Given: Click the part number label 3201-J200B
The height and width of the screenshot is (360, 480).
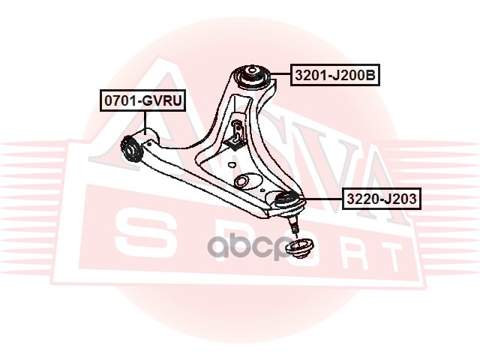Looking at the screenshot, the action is click(x=334, y=76).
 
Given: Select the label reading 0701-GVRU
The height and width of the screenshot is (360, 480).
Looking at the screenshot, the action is click(x=143, y=100).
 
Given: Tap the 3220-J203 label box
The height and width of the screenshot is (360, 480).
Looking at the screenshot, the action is click(x=381, y=199).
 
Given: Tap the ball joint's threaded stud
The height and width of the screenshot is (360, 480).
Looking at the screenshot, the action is click(x=293, y=223).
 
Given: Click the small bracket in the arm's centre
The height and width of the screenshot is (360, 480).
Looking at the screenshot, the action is click(x=236, y=135).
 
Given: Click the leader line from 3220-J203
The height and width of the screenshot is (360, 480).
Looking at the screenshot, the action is click(x=321, y=199).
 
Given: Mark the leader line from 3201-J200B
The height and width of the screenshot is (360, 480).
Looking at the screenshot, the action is click(x=278, y=76).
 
